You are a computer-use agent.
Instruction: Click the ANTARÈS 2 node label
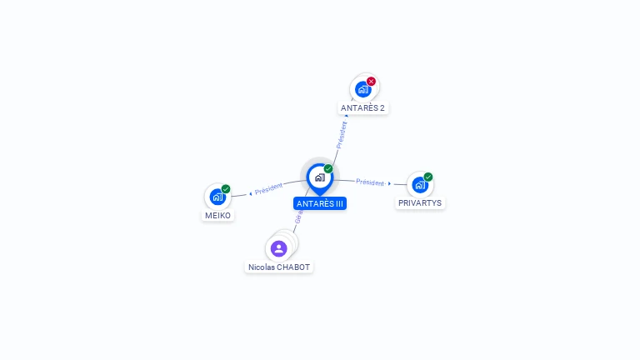pyautogui.click(x=362, y=108)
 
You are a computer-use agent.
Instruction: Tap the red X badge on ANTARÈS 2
pyautogui.click(x=372, y=81)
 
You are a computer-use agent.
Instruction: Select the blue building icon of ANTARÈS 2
pyautogui.click(x=362, y=89)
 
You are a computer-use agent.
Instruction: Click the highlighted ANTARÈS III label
pyautogui.click(x=320, y=203)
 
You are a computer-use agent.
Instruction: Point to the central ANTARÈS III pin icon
pyautogui.click(x=319, y=177)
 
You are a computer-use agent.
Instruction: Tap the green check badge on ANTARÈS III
pyautogui.click(x=328, y=168)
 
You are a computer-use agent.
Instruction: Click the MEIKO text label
pyautogui.click(x=217, y=215)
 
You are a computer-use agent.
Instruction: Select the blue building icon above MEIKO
pyautogui.click(x=217, y=197)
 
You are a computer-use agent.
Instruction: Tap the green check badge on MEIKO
pyautogui.click(x=226, y=189)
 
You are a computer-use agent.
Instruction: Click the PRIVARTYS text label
pyautogui.click(x=420, y=203)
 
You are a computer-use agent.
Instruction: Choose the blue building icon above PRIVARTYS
pyautogui.click(x=419, y=185)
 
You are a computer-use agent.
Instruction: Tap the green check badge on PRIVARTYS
pyautogui.click(x=428, y=177)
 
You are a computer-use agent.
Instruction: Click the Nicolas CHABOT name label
pyautogui.click(x=279, y=267)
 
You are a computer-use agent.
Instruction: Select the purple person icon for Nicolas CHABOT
pyautogui.click(x=278, y=248)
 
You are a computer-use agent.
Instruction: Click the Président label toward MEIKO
pyautogui.click(x=269, y=188)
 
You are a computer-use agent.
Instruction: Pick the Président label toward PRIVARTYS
pyautogui.click(x=370, y=182)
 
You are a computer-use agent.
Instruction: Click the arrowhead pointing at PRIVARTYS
pyautogui.click(x=390, y=182)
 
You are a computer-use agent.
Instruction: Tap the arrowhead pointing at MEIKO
pyautogui.click(x=250, y=193)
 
